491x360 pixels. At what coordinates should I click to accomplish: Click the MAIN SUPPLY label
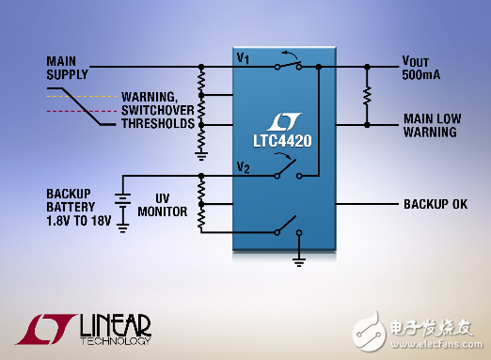pos(68,69)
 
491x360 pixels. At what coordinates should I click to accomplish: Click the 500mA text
pos(420,74)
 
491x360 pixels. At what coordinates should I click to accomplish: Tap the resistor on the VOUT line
pos(366,96)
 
